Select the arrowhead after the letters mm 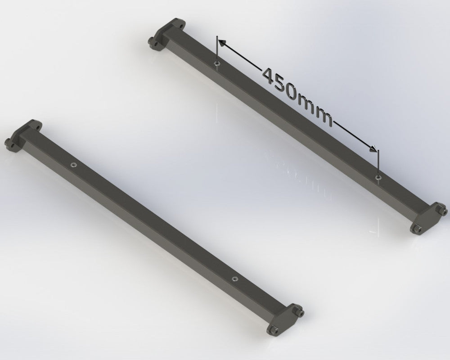pos(372,147)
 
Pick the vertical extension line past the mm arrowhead pos(378,162)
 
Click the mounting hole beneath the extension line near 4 pos(216,64)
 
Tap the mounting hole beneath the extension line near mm pos(378,178)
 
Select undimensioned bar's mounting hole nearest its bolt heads pos(234,279)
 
